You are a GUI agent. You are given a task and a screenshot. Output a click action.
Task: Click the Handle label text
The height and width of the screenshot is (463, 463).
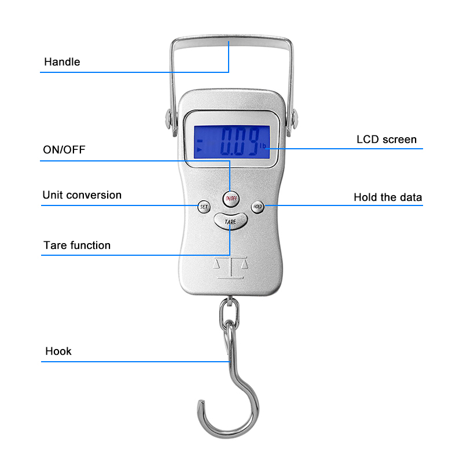[62, 62]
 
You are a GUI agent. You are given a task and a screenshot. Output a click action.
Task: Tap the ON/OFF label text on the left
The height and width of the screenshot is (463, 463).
[64, 150]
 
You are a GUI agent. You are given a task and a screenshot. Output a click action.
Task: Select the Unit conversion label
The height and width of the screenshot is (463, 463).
[82, 195]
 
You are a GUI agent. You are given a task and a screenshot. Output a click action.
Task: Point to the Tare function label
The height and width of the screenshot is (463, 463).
[77, 245]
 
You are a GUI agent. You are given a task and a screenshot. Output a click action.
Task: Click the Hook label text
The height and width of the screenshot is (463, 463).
[58, 351]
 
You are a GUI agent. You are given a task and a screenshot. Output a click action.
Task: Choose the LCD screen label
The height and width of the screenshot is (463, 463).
[387, 139]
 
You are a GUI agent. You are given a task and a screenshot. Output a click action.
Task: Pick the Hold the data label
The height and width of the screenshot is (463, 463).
[388, 197]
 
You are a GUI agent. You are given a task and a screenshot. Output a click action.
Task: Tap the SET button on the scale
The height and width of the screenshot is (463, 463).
[204, 207]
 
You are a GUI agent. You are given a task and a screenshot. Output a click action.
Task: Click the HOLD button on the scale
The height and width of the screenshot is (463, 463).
[258, 207]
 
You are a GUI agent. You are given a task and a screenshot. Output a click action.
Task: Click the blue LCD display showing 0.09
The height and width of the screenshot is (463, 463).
[232, 142]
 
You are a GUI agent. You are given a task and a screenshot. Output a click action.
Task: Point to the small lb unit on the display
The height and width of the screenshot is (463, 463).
[263, 146]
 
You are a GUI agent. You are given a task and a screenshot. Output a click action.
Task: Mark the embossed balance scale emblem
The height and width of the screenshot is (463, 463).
[230, 267]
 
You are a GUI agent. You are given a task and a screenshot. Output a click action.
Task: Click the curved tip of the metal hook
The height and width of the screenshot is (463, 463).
[201, 403]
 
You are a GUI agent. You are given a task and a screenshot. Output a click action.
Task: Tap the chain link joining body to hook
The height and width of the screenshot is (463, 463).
[229, 314]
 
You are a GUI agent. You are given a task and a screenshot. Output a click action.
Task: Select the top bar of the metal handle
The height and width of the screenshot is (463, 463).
[232, 41]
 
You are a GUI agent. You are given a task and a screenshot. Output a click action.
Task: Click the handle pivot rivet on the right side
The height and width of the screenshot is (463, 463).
[294, 119]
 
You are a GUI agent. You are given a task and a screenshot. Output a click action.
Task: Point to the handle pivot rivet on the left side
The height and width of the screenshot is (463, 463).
[168, 119]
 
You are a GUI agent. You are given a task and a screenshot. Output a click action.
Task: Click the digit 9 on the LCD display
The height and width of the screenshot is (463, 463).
[253, 141]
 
